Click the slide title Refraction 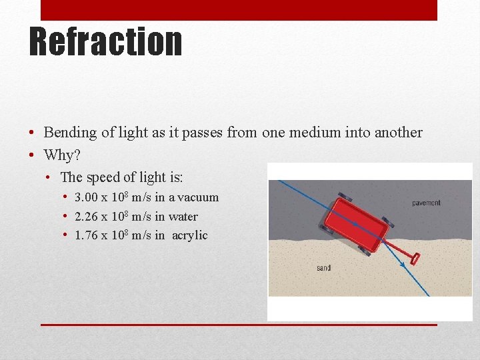click(x=105, y=41)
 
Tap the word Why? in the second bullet click(x=61, y=155)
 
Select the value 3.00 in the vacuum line click(x=86, y=197)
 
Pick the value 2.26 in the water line click(x=86, y=217)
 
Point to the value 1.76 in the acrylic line click(x=86, y=235)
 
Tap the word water click(x=183, y=217)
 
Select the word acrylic click(x=190, y=235)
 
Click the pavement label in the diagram click(x=426, y=203)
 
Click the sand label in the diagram click(x=323, y=268)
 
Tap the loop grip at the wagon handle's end click(x=416, y=259)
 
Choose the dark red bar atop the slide click(x=239, y=10)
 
